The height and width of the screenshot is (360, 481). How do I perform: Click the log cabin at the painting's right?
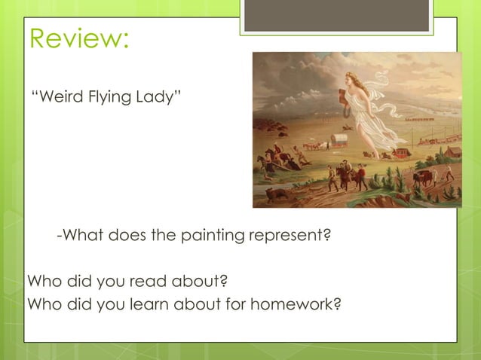click(x=452, y=151)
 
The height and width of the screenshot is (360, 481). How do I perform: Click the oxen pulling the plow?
click(x=422, y=178)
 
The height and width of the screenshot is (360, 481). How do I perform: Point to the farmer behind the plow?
click(x=449, y=172)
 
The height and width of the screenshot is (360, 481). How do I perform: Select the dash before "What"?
click(x=60, y=236)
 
